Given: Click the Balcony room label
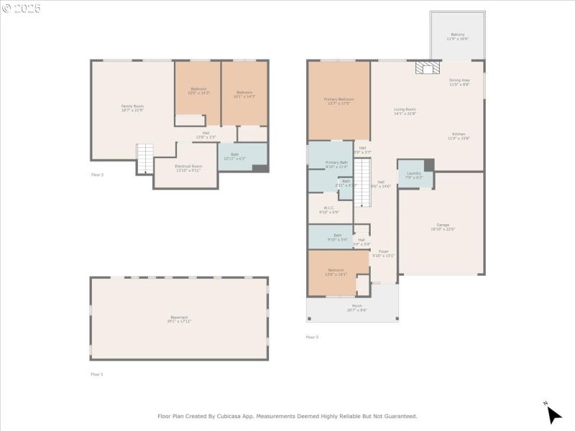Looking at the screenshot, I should click(458, 36).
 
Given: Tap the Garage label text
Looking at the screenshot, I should click(443, 227).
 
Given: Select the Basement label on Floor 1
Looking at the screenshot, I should click(179, 319).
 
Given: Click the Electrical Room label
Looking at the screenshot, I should click(188, 167).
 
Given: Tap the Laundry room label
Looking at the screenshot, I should click(414, 175).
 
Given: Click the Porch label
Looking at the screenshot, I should click(357, 308).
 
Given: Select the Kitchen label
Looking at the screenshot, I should click(459, 136).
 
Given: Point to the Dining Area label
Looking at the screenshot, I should click(459, 82).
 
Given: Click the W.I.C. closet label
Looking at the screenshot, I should click(329, 210).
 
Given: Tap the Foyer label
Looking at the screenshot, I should click(384, 253).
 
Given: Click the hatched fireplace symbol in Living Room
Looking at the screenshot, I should click(427, 68).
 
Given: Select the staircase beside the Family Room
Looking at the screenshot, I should click(145, 157).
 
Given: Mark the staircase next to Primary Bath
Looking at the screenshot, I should click(362, 180).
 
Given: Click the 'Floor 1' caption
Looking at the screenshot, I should click(97, 374).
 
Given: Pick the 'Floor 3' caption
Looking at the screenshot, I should click(312, 336).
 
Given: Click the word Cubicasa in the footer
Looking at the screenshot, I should click(244, 416).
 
